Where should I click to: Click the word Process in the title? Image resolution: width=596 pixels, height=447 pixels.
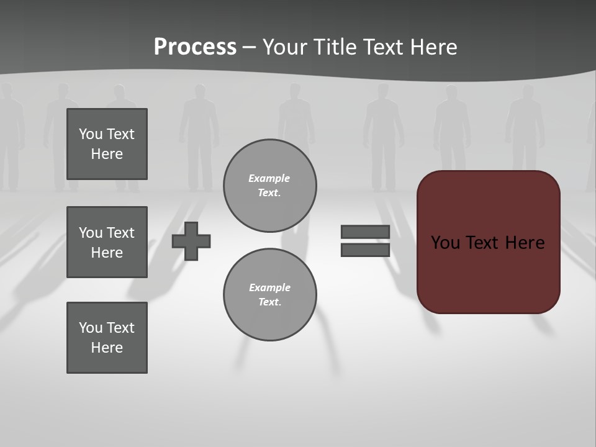click(195, 47)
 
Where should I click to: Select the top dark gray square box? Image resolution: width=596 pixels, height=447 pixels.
click(107, 144)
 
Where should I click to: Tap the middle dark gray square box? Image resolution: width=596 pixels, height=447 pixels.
click(107, 242)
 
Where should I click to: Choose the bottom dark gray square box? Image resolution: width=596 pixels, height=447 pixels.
click(107, 338)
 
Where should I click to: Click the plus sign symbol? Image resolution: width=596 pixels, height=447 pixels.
click(191, 241)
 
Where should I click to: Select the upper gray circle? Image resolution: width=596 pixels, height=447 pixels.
click(269, 186)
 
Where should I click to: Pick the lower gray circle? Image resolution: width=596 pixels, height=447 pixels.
click(269, 295)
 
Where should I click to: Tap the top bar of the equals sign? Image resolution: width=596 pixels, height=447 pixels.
click(365, 232)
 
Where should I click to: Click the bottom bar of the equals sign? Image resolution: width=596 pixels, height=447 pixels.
click(365, 250)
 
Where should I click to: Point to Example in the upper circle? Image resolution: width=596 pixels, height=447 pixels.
click(269, 178)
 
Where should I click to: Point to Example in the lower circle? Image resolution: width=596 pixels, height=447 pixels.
click(269, 287)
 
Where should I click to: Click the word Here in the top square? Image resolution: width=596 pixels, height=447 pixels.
click(107, 154)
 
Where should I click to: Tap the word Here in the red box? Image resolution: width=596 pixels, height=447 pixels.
click(525, 242)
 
